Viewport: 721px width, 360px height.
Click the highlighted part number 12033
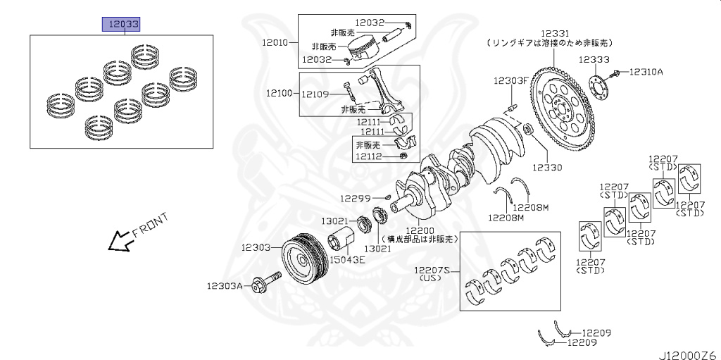[122, 25]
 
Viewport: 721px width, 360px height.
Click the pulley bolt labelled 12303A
[264, 284]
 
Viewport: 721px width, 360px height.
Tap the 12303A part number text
[225, 286]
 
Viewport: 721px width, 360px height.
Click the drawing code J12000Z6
[686, 353]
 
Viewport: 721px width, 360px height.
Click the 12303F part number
[510, 81]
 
